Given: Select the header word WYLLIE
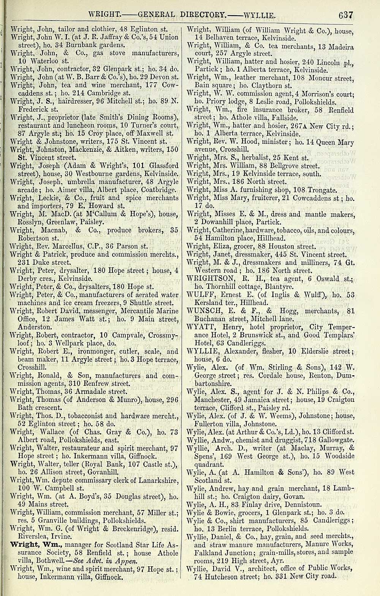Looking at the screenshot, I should point(260,16).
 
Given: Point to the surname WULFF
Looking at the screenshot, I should point(199,295).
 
